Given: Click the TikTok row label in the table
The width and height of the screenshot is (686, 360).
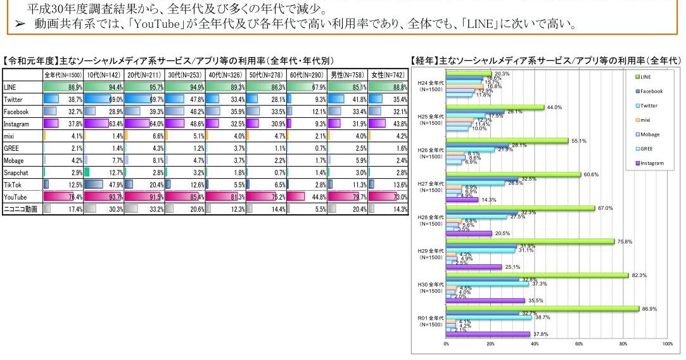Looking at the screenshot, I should [14, 184].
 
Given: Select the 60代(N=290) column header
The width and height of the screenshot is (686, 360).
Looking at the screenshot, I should [307, 75].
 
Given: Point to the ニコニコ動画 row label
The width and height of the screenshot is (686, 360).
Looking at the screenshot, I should [20, 209].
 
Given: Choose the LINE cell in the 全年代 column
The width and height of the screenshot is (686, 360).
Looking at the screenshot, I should [63, 87].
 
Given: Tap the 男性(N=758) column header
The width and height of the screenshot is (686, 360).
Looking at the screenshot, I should [347, 75].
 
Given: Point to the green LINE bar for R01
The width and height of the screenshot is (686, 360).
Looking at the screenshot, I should [542, 309].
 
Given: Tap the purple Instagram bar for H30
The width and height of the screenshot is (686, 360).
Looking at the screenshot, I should [485, 300].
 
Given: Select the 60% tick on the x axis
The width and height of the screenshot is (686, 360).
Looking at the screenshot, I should [578, 344].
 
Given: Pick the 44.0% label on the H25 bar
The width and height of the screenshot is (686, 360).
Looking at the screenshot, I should [555, 107].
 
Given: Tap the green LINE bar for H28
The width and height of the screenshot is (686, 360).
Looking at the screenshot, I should [520, 208].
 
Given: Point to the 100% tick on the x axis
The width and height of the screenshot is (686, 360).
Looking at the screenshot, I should [667, 344].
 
